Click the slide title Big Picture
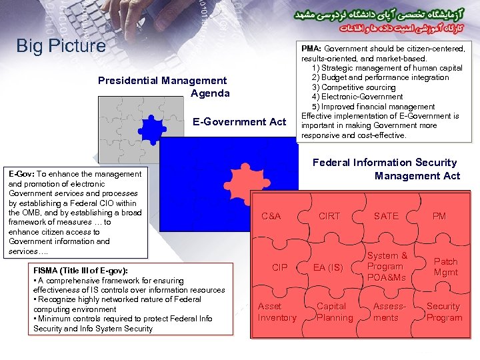tap(61, 46)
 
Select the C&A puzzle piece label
tap(271, 216)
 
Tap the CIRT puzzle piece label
tap(329, 216)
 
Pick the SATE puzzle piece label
tap(386, 216)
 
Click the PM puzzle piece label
tap(439, 216)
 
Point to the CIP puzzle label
tap(280, 267)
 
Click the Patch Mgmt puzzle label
tap(445, 267)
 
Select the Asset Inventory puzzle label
tap(277, 312)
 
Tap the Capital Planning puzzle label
tap(335, 312)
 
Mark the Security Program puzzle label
tap(444, 312)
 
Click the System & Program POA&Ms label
tap(387, 267)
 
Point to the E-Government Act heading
tap(239, 121)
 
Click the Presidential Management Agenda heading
tap(163, 87)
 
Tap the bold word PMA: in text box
tap(311, 49)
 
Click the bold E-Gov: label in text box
tap(21, 174)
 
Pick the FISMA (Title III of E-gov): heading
tap(81, 271)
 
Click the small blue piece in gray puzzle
tap(153, 129)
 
